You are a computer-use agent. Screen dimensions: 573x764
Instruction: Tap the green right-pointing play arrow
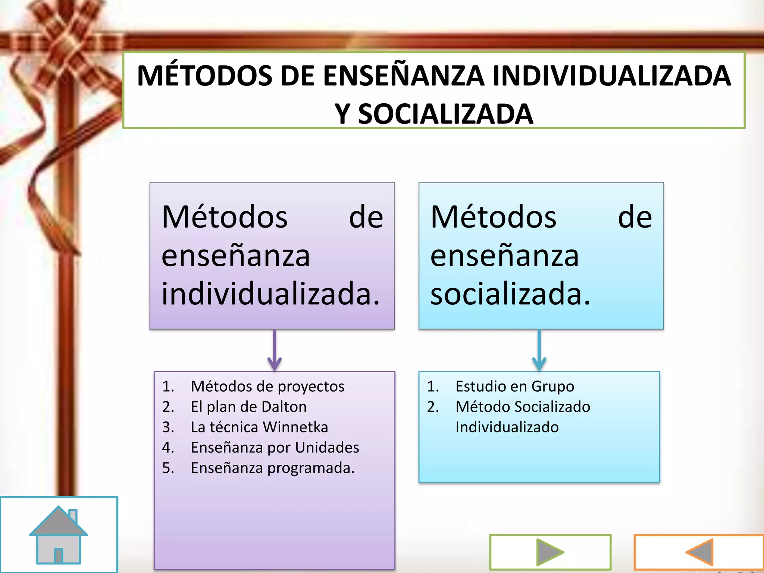[x=550, y=552]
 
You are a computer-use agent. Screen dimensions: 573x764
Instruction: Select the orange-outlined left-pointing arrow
[x=700, y=552]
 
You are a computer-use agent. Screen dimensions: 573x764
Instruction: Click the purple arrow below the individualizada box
[x=275, y=351]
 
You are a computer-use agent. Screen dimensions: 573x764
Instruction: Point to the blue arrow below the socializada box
[x=539, y=351]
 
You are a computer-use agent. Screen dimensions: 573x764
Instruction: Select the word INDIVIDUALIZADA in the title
[x=611, y=76]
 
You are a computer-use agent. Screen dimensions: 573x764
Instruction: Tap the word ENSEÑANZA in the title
[x=403, y=76]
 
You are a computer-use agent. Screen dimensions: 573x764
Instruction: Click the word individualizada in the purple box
[x=270, y=294]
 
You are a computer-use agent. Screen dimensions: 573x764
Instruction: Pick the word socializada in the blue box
[x=510, y=294]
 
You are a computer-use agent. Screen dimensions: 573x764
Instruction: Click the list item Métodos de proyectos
[x=267, y=386]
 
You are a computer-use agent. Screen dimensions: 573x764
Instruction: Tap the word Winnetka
[x=295, y=427]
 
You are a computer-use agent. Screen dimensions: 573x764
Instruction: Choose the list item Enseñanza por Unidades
[x=275, y=447]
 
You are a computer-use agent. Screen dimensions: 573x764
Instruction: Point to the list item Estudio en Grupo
[x=515, y=386]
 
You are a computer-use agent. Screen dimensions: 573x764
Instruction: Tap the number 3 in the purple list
[x=168, y=427]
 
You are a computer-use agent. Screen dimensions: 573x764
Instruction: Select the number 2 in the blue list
[x=433, y=407]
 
